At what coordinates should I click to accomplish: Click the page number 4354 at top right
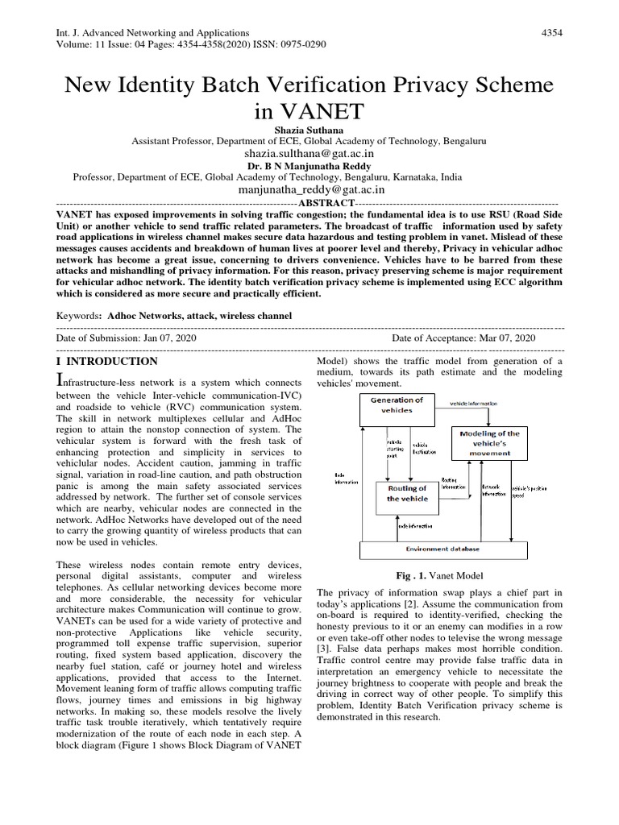(551, 31)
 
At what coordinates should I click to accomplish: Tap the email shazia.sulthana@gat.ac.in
(309, 153)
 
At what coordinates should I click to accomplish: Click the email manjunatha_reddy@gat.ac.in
(309, 190)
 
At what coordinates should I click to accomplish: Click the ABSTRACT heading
(326, 204)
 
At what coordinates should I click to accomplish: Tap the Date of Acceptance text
(463, 339)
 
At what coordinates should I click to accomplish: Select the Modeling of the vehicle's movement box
(489, 443)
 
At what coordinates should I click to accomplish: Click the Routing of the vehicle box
(407, 493)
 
